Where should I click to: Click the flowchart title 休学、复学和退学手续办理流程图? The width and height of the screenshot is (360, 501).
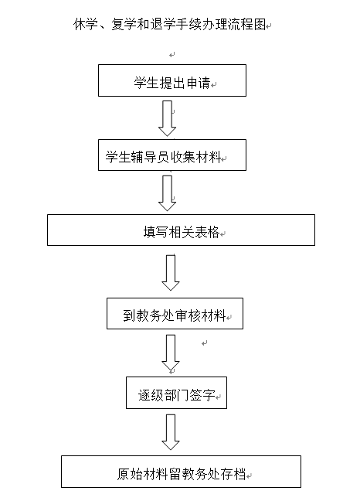coord(169,24)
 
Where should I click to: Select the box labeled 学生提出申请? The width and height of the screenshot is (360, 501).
coord(172,80)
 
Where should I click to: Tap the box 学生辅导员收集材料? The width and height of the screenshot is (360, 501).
coord(172,155)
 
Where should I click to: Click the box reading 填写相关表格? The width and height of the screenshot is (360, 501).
coord(181,230)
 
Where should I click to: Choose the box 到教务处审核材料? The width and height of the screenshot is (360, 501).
coord(175,313)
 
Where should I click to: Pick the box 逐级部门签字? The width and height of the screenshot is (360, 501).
coord(176,393)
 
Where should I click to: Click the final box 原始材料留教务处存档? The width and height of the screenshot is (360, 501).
coord(181,472)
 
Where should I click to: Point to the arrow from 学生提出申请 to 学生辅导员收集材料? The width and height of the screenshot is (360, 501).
coord(167,118)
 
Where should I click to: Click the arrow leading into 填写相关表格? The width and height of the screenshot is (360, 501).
coord(167,193)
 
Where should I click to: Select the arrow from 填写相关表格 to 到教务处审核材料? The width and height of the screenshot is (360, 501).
coord(171,273)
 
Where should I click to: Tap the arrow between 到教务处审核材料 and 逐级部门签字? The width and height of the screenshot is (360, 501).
coord(171,353)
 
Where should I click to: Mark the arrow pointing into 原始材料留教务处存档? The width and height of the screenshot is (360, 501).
coord(171,432)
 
